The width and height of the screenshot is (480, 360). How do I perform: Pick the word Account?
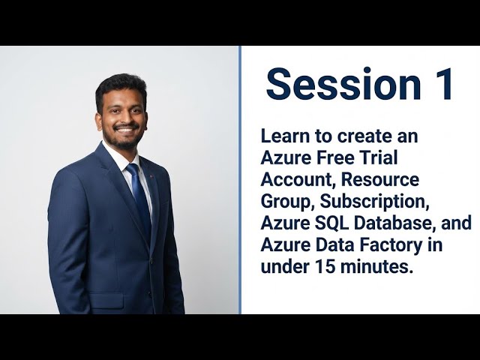(292, 181)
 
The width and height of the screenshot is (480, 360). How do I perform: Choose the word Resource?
(382, 181)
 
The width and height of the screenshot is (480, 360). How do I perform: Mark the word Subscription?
(363, 202)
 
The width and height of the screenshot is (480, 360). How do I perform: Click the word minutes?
(378, 267)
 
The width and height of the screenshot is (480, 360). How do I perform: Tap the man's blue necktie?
(139, 199)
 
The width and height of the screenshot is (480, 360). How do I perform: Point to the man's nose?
(125, 118)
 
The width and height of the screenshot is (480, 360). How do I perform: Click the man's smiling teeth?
(125, 130)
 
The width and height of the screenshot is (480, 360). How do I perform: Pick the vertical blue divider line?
(240, 180)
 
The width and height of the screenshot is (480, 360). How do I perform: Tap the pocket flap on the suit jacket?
(106, 300)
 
